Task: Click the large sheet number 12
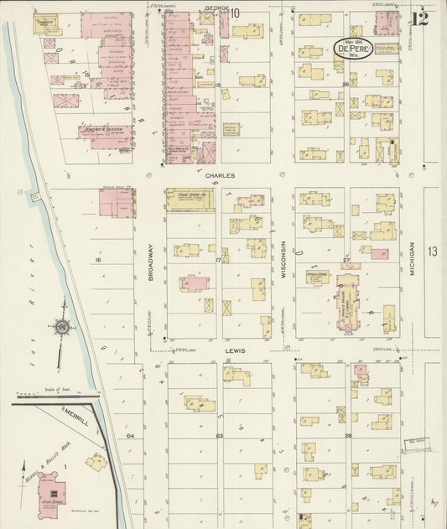(x=419, y=18)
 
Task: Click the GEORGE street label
(x=211, y=9)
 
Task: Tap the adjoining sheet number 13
(x=432, y=252)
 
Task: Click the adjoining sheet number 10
(x=235, y=13)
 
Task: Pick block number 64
(x=130, y=436)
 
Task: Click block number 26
(x=346, y=85)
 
